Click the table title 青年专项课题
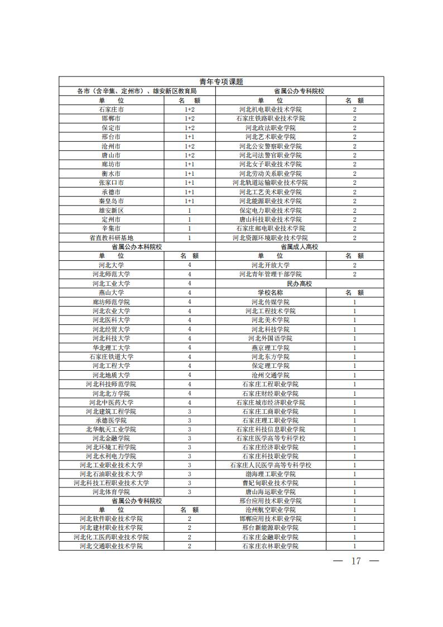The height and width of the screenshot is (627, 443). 222,82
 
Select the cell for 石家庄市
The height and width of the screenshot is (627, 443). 111,109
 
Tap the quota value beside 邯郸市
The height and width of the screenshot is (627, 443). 189,118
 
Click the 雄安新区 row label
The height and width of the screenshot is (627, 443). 111,210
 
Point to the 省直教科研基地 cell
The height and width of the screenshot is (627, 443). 111,237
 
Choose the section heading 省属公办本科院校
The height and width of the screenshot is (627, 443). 137,246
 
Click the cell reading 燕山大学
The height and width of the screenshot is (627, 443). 111,292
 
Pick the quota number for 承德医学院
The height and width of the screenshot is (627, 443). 189,420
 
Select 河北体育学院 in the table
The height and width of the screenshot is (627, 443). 111,492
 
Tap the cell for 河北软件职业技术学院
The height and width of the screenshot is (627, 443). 111,519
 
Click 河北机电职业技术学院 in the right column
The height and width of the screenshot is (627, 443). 270,109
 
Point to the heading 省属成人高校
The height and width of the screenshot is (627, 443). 299,246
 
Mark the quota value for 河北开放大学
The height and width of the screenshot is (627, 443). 354,265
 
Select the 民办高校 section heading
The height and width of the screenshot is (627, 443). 299,283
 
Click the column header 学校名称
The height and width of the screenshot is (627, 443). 270,292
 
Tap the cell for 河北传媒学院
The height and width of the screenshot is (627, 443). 270,301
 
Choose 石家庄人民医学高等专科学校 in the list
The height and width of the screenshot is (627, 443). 270,465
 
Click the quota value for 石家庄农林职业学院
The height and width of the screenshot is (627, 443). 354,546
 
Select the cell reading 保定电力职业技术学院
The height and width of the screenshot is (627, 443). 270,210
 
